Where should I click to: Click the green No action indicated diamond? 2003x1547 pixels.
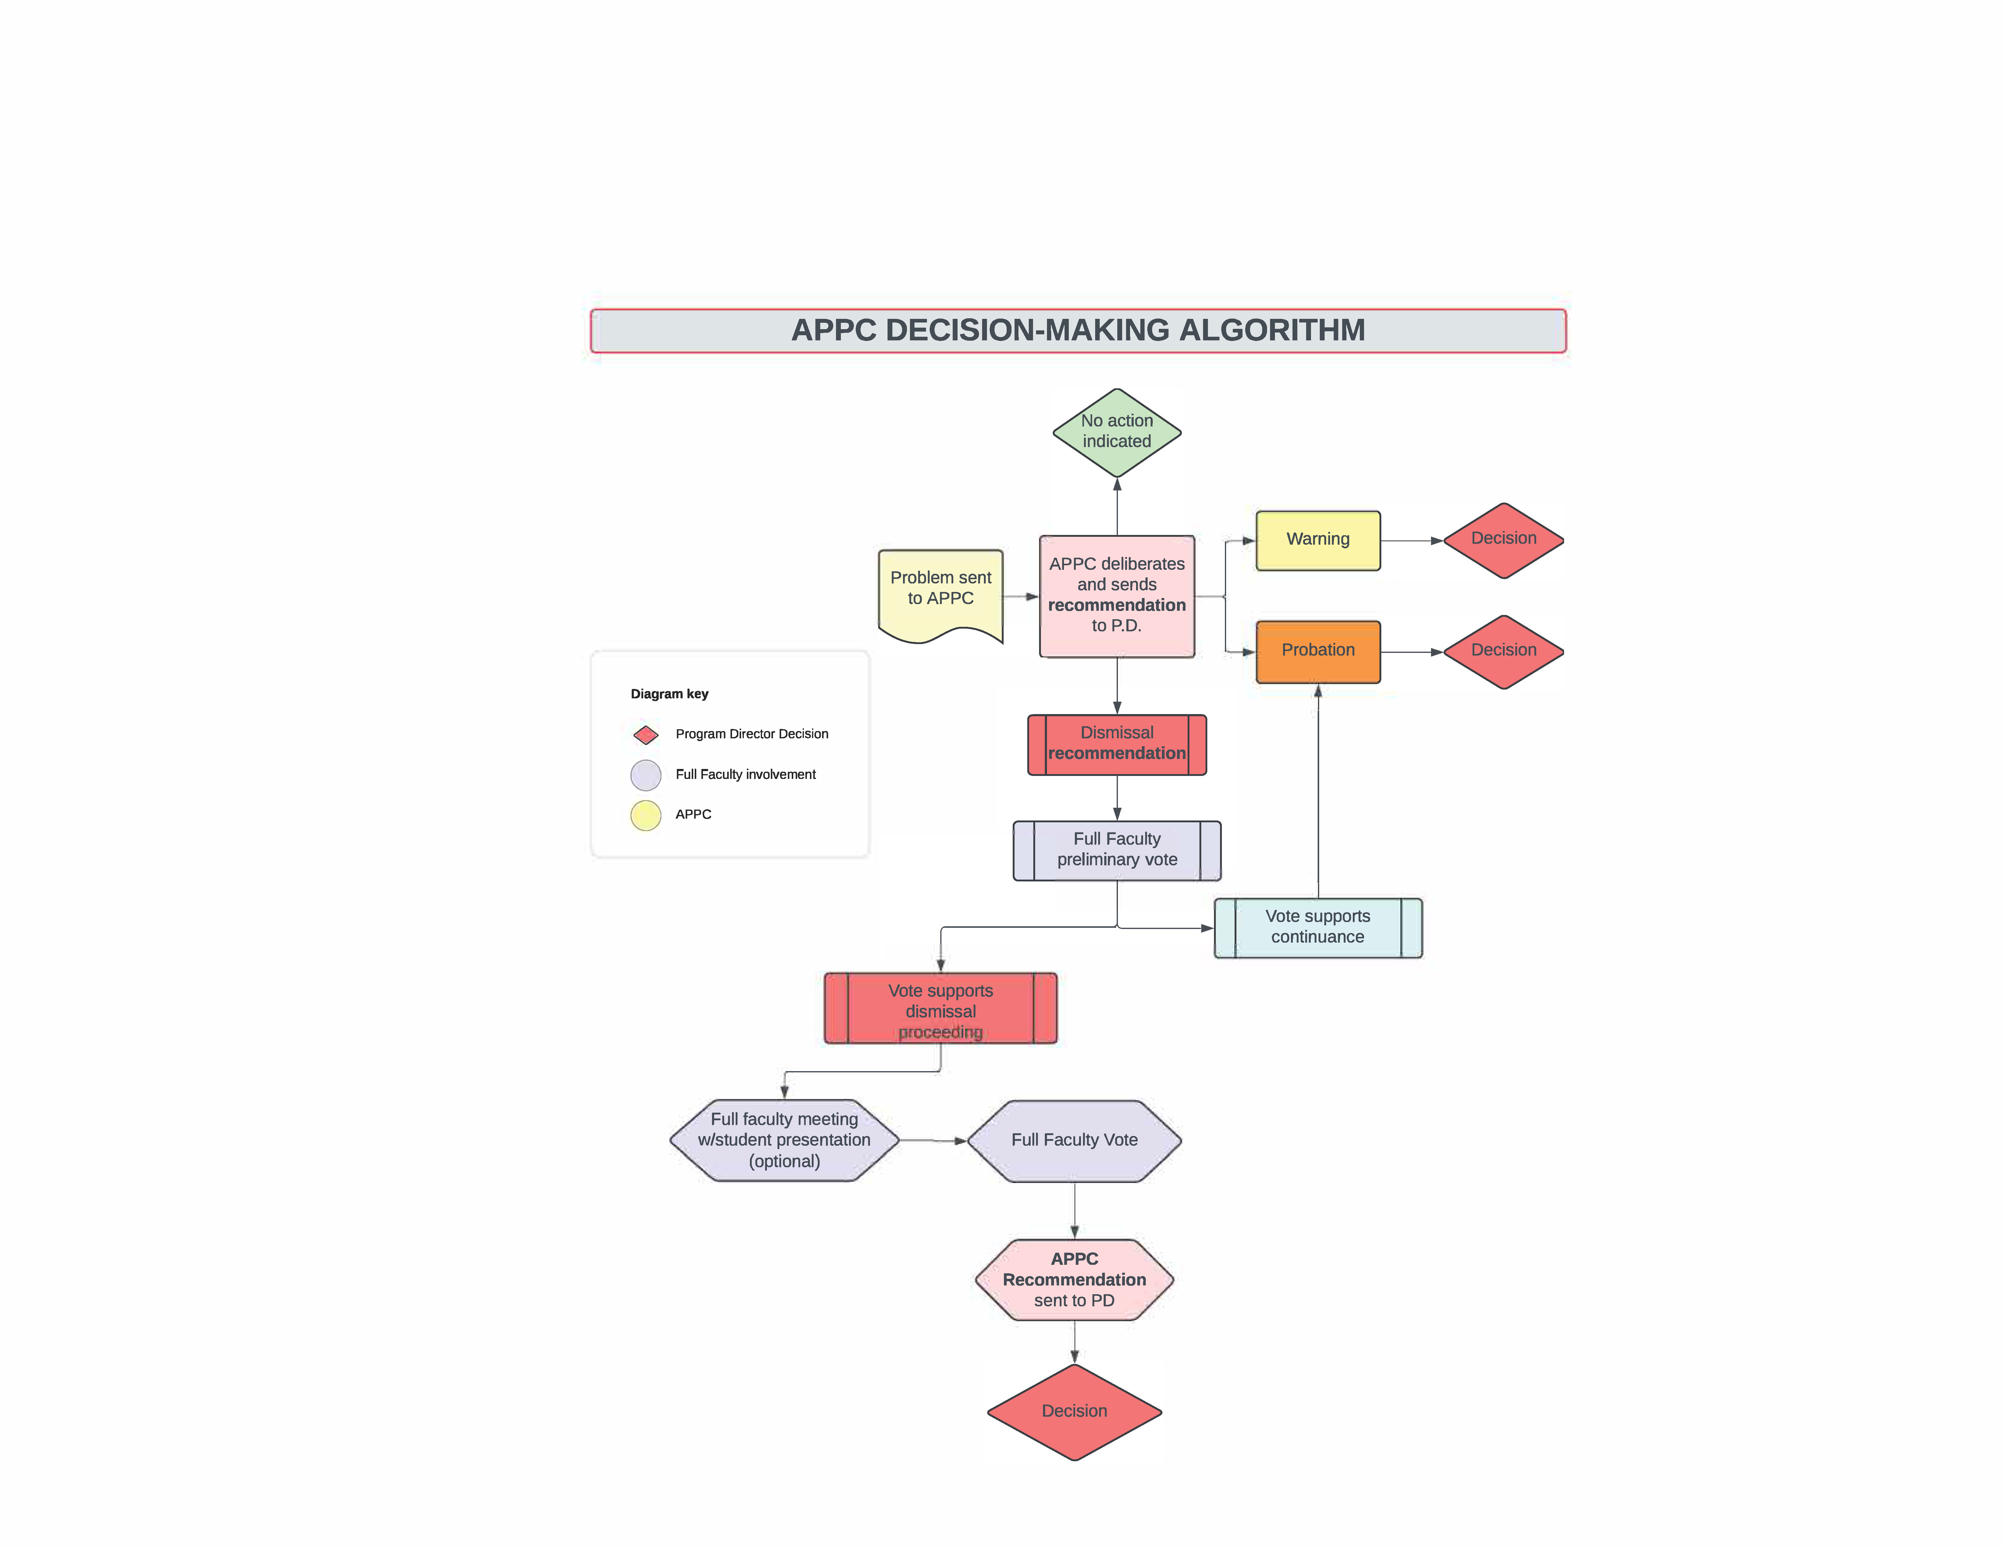click(1116, 432)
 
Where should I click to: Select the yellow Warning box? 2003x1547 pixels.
click(1317, 540)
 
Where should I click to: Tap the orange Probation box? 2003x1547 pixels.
click(1317, 651)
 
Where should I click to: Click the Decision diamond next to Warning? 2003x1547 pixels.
click(1503, 540)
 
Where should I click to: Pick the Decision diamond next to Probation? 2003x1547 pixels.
click(1503, 651)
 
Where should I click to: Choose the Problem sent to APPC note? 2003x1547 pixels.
click(940, 591)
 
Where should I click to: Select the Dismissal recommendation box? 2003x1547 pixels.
click(1116, 744)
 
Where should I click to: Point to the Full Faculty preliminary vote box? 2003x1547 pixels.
click(1116, 850)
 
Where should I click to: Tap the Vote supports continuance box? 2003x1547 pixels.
click(1317, 927)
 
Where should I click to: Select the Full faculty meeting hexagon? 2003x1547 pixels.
click(784, 1140)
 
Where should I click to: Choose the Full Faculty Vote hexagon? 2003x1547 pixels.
click(1074, 1140)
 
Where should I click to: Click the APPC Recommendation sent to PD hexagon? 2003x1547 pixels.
click(1074, 1279)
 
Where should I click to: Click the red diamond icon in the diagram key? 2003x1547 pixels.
click(646, 734)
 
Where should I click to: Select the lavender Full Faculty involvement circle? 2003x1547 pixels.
click(646, 775)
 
